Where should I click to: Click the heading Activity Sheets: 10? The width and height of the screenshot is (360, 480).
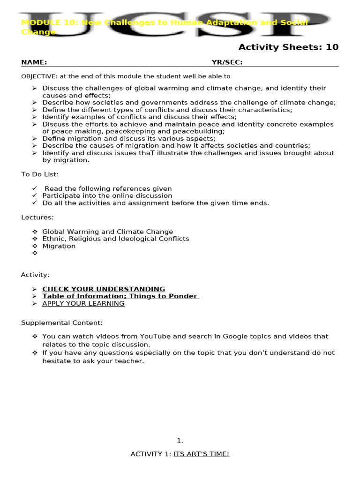(x=288, y=47)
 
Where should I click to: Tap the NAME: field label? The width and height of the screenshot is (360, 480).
(x=34, y=62)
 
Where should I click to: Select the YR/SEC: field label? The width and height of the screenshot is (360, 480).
(x=227, y=62)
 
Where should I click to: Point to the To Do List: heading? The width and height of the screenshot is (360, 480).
(x=40, y=174)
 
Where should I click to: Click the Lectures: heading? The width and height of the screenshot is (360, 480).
(x=37, y=217)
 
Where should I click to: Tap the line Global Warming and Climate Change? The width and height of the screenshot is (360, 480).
(x=107, y=232)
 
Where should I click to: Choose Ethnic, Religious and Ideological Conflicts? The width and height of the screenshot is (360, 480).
(x=116, y=239)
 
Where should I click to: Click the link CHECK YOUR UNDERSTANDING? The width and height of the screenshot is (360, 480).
(x=104, y=289)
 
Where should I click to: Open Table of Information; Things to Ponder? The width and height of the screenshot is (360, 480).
(x=120, y=296)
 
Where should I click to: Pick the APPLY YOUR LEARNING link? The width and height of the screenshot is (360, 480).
(x=83, y=303)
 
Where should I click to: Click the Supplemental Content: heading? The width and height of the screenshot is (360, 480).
(x=62, y=322)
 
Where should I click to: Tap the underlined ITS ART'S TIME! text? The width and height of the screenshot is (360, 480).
(x=202, y=454)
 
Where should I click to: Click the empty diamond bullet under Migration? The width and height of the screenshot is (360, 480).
(x=35, y=253)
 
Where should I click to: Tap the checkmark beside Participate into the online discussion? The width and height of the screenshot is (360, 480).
(x=35, y=195)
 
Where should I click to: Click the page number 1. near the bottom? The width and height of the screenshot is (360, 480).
(x=180, y=440)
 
